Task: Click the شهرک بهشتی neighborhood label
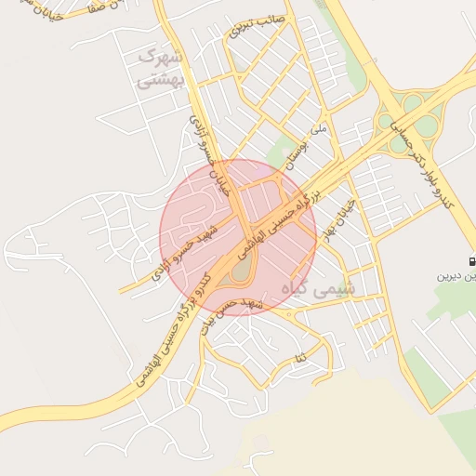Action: click(x=161, y=69)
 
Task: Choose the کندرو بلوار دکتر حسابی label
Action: click(x=419, y=162)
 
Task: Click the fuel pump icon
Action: click(x=471, y=261)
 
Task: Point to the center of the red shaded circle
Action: click(x=238, y=237)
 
